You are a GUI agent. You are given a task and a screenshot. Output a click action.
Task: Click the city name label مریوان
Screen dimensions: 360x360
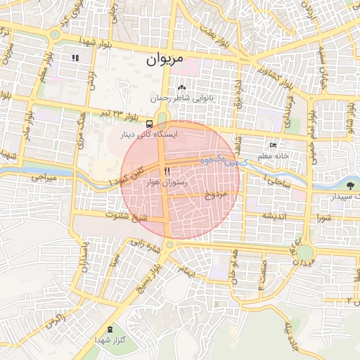(165, 60)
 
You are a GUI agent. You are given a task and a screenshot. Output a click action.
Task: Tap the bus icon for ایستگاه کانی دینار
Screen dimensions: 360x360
(148, 123)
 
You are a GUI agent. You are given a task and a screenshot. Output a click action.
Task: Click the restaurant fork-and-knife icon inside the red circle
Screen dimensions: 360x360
(167, 171)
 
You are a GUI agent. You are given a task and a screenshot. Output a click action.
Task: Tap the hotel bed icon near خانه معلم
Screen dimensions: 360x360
(274, 146)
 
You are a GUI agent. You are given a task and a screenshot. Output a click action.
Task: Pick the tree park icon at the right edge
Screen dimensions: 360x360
(349, 185)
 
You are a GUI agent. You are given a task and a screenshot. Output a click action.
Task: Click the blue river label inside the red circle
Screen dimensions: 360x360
(205, 161)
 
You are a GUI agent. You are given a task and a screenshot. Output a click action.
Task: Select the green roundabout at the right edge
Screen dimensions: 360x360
(304, 252)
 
